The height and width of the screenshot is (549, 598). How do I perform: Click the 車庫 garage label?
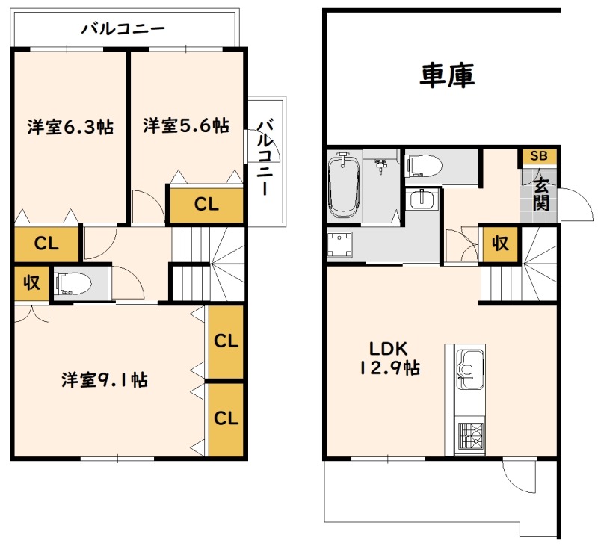[x=447, y=75]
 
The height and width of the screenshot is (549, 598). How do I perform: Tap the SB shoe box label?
[x=539, y=156]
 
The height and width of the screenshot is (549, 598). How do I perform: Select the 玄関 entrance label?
[x=541, y=195]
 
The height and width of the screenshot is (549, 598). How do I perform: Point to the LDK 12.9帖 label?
[x=389, y=358]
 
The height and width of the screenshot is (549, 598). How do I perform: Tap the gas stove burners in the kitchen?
[x=471, y=436]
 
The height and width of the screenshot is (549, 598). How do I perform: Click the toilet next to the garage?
[x=424, y=166]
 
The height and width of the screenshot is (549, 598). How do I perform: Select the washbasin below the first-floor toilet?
[x=422, y=199]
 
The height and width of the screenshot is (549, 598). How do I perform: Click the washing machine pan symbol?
[x=340, y=244]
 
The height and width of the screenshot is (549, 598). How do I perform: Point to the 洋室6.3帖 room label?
[x=70, y=127]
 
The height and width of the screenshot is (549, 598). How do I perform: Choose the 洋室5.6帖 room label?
[x=186, y=125]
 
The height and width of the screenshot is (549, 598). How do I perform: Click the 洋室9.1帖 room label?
[x=105, y=380]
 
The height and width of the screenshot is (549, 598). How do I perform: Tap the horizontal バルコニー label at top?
[x=123, y=29]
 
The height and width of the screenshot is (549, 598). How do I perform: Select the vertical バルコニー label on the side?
[x=265, y=158]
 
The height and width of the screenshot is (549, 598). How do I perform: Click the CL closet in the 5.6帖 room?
[x=206, y=205]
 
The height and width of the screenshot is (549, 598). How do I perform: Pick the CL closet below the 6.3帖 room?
[x=46, y=243]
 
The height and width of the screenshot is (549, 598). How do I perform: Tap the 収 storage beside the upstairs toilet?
[x=31, y=282]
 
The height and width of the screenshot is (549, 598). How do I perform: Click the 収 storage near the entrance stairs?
[x=500, y=244]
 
